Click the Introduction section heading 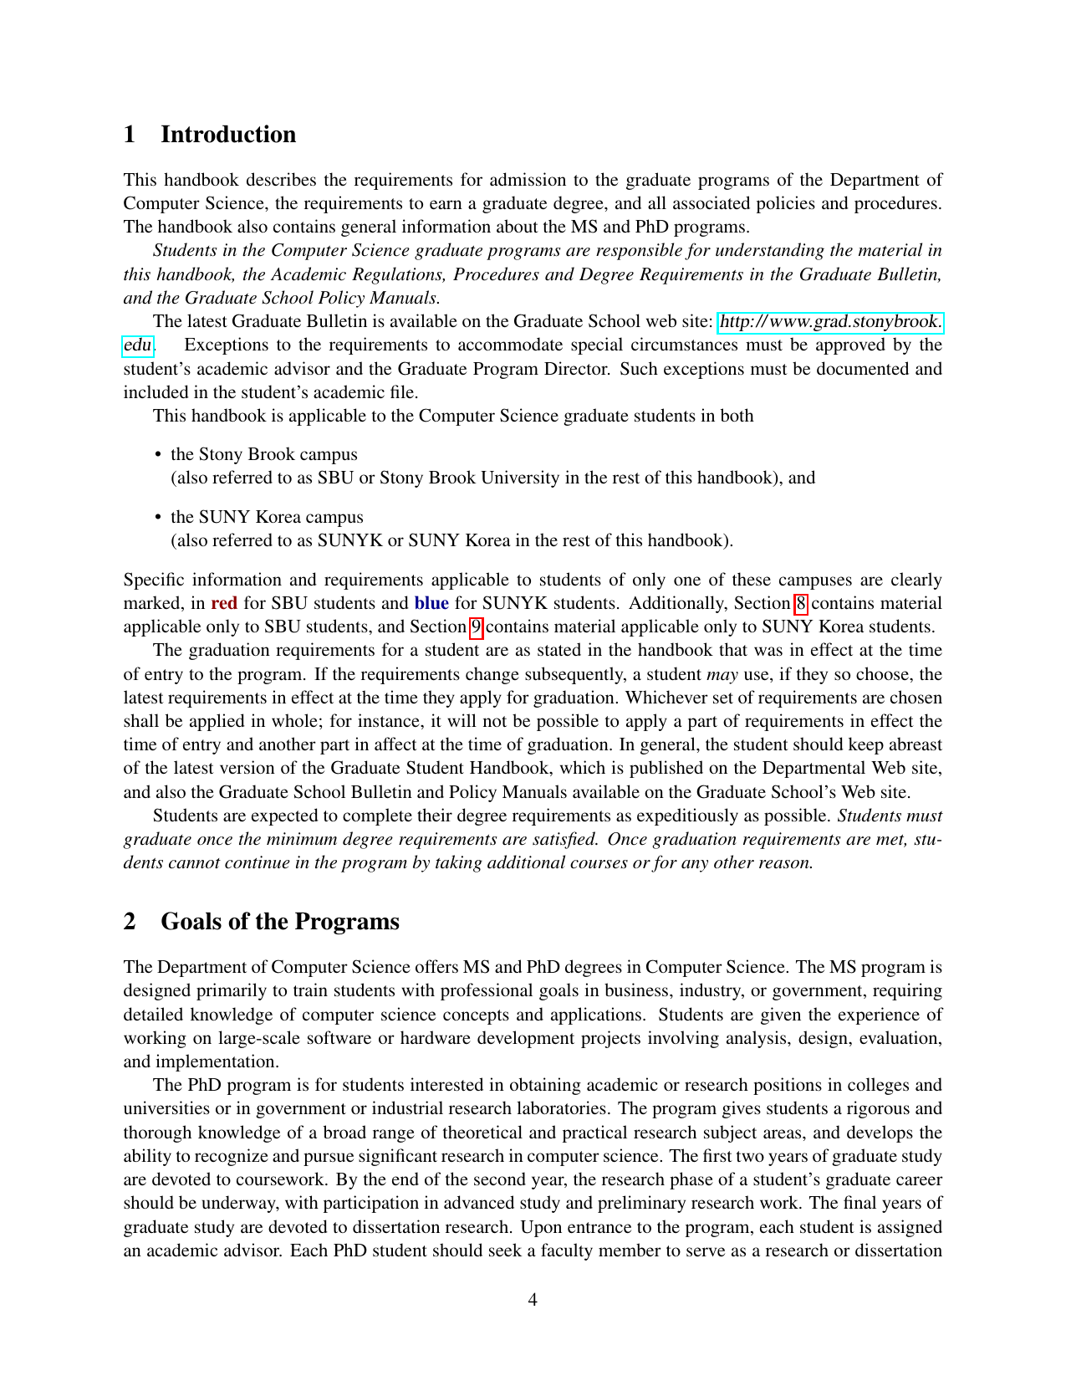click(x=227, y=135)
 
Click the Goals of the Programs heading click(x=279, y=922)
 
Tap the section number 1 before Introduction click(x=130, y=135)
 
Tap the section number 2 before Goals click(x=130, y=922)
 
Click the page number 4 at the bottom click(x=533, y=1300)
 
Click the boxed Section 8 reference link click(x=800, y=603)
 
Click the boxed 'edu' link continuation click(x=138, y=345)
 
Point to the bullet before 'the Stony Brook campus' click(x=158, y=454)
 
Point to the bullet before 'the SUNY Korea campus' click(x=158, y=517)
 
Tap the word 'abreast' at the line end click(x=914, y=744)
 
